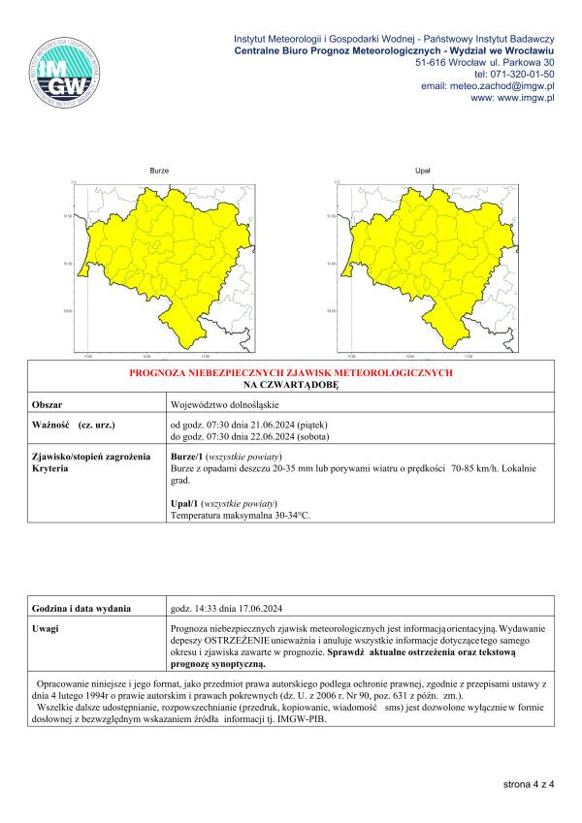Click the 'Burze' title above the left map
(x=159, y=170)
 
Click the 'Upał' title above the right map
(x=422, y=170)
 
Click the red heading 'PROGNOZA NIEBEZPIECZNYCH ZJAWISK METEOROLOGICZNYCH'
(x=291, y=372)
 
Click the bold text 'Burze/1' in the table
(x=186, y=456)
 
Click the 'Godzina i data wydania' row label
(x=81, y=608)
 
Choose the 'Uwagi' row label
(x=46, y=629)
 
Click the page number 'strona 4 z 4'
(x=528, y=783)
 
